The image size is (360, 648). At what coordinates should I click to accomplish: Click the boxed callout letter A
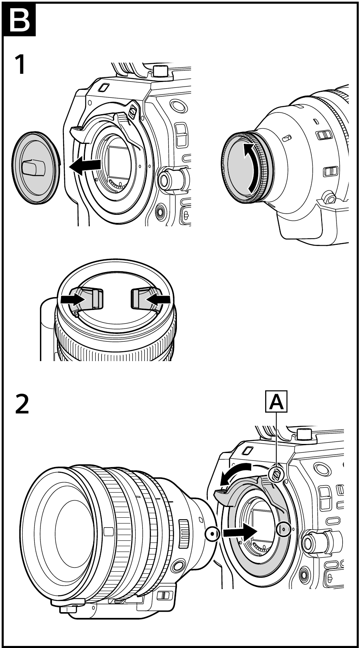[276, 402]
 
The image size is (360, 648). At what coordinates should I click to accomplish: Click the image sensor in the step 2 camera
[264, 524]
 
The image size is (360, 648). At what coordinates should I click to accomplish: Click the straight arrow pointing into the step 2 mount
[239, 533]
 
